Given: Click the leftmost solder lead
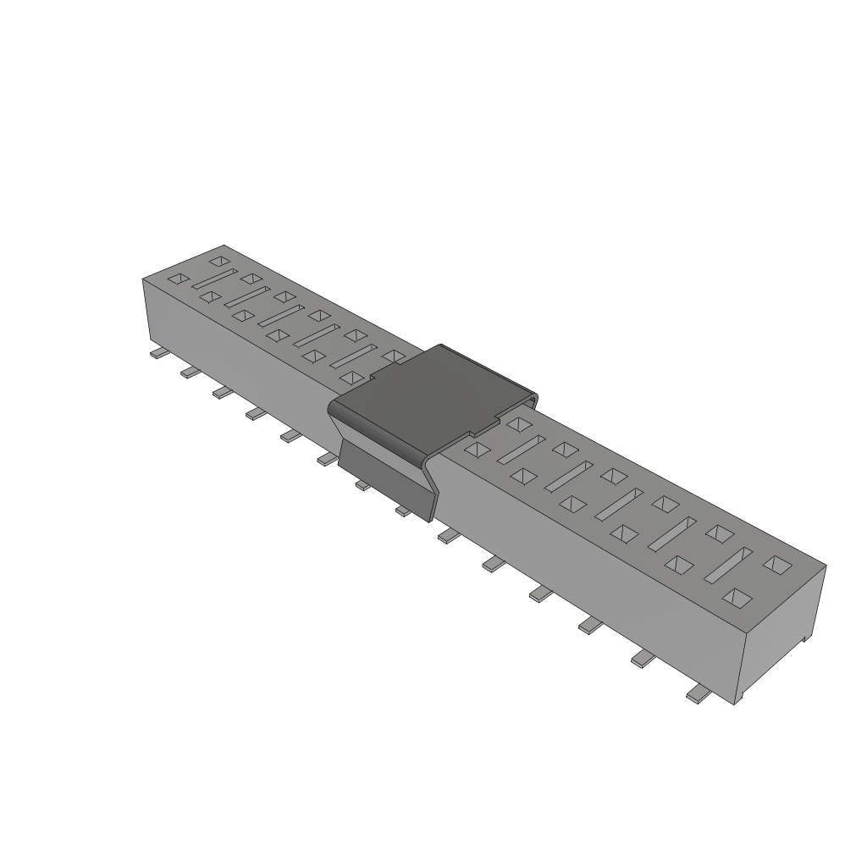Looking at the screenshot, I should pos(157,354).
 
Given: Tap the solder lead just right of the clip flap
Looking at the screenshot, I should pos(447,536).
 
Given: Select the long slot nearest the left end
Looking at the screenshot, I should pos(215,279).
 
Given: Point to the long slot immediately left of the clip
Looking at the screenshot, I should pos(351,356).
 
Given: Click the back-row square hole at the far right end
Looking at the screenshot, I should pos(776,562).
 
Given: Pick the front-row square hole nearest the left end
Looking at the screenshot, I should pos(179,278).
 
